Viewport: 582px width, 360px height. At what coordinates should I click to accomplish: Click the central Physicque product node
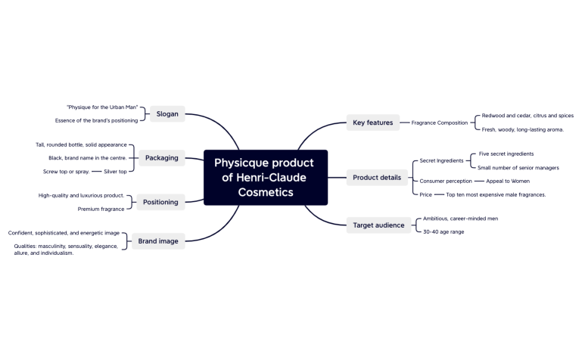265,177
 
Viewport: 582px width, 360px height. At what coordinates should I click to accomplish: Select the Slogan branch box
167,114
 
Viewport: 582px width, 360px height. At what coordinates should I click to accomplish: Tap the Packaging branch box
162,158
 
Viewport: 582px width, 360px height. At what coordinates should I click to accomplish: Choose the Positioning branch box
160,202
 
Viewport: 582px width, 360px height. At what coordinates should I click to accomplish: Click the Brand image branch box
157,241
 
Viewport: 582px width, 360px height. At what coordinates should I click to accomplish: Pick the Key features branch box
373,123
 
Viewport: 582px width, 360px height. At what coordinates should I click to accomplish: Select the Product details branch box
377,178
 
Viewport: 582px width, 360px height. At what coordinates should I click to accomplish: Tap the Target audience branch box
379,225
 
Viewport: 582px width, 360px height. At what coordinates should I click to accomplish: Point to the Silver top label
115,172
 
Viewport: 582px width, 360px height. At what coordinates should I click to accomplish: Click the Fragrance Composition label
440,123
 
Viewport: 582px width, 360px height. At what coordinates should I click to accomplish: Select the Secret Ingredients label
441,160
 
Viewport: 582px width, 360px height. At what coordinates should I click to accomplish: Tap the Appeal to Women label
508,181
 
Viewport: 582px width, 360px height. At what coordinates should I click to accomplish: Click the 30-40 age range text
444,231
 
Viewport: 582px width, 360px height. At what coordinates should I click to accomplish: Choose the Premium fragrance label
101,209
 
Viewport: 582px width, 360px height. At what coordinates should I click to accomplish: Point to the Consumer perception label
446,181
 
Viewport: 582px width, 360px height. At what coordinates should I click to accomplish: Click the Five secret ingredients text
506,154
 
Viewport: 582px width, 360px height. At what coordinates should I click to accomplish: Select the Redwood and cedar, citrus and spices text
528,116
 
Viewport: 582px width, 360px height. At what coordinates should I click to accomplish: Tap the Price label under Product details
426,194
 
